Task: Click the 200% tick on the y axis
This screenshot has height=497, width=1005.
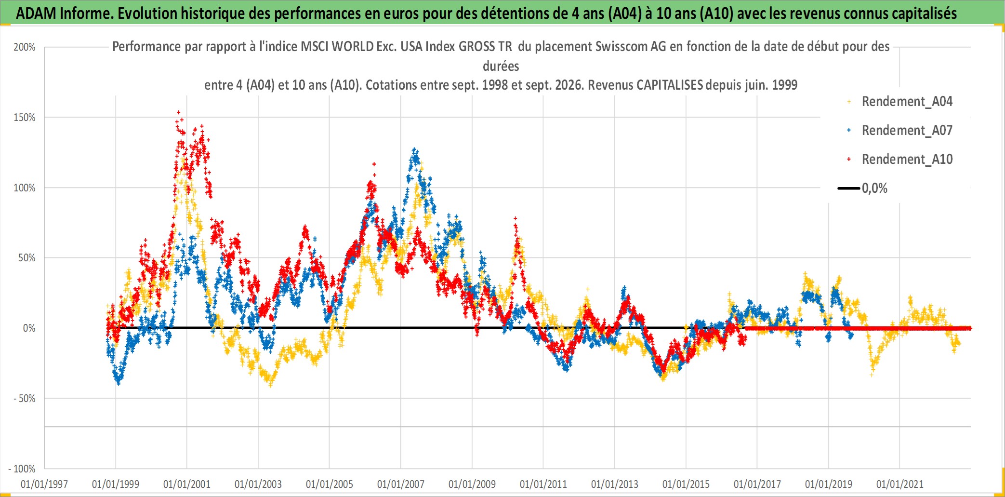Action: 25,47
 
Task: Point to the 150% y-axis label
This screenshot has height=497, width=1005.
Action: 25,118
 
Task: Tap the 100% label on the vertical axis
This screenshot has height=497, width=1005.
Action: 25,188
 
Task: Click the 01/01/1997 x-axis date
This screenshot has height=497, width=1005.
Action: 44,484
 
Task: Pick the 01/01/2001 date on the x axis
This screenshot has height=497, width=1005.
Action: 187,484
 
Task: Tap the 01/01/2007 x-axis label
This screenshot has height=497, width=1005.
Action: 401,484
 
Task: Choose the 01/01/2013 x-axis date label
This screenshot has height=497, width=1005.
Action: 615,484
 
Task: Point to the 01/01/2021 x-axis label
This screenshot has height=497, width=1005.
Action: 900,484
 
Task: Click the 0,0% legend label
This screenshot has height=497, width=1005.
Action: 874,188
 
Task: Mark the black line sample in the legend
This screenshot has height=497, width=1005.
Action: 849,188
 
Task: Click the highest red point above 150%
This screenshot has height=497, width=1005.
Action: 179,112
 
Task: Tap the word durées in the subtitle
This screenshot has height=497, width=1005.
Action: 501,66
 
